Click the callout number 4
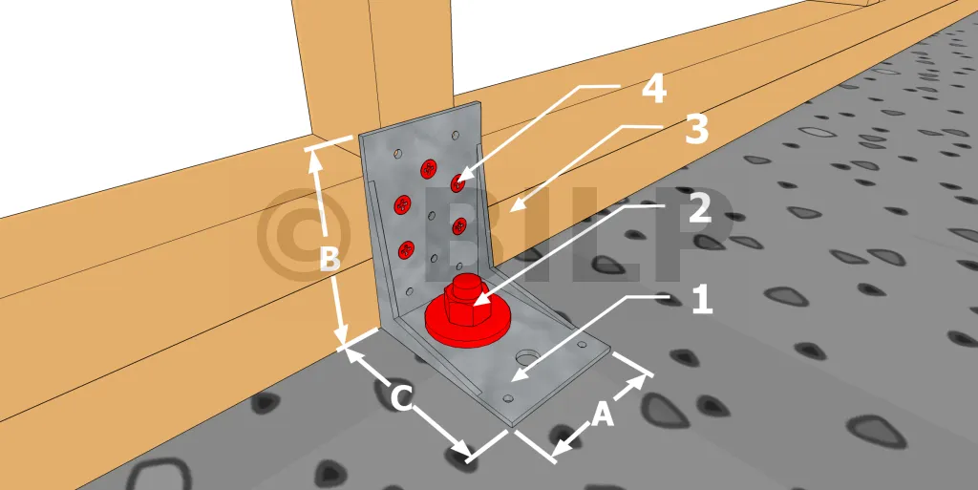click(654, 90)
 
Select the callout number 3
click(696, 130)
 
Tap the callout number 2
click(700, 209)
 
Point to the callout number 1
click(702, 300)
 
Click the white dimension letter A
click(603, 415)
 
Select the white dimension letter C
click(402, 399)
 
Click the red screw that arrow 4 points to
click(459, 182)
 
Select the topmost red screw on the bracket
click(429, 168)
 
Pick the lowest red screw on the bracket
click(407, 250)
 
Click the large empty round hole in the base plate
click(527, 358)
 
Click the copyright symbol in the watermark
click(304, 235)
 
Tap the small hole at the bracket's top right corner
click(456, 134)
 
